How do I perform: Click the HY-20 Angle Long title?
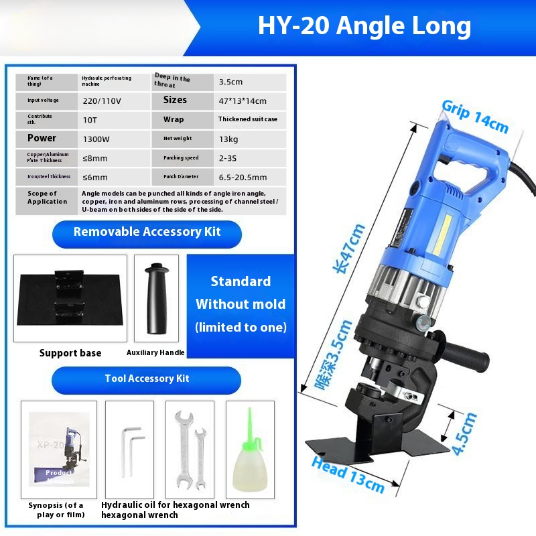point(364,27)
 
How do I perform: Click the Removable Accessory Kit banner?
point(147,232)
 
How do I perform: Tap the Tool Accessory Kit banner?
point(147,379)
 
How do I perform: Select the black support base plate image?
point(70,297)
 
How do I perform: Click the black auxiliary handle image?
point(156,297)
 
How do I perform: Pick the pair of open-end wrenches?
point(190,449)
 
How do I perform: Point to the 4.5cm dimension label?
point(464,433)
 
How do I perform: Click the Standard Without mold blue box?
point(241,305)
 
